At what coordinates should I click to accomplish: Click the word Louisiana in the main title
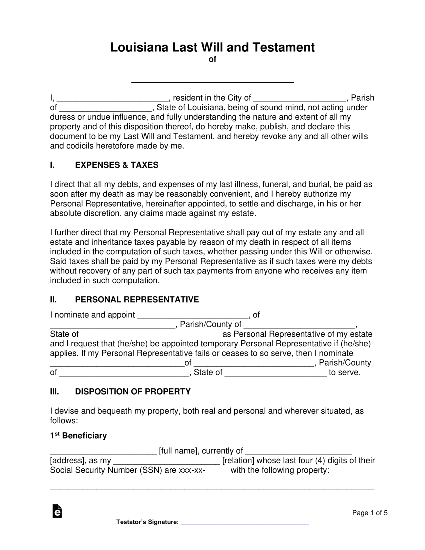[x=139, y=47]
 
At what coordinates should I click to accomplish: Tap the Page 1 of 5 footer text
[x=369, y=513]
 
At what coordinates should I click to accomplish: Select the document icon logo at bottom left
[x=57, y=511]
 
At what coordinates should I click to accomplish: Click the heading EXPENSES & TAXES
[x=116, y=165]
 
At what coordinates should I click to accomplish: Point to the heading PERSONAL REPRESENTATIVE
[x=137, y=299]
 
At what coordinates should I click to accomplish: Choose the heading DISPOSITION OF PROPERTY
[x=133, y=391]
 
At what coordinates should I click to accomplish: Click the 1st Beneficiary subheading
[x=78, y=435]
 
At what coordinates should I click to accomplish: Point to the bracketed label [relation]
[x=238, y=460]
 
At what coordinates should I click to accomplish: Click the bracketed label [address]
[x=67, y=460]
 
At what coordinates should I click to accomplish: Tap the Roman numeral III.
[x=54, y=391]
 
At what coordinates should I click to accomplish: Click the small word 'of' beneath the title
[x=212, y=59]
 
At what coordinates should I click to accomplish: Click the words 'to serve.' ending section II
[x=345, y=372]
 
